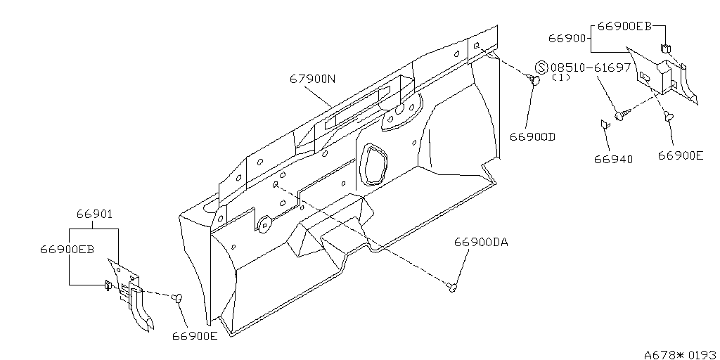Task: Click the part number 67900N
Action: (x=312, y=79)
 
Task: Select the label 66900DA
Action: (x=481, y=242)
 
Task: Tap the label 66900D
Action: (x=533, y=137)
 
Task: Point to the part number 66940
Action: (x=613, y=160)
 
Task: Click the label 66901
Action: (x=94, y=214)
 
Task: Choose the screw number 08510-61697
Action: (x=591, y=67)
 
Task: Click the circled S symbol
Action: (x=542, y=67)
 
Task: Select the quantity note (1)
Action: (x=560, y=77)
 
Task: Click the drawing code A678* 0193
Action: (x=680, y=354)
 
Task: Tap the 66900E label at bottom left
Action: (x=195, y=335)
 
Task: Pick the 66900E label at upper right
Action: (x=681, y=155)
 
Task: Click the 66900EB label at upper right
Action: (x=624, y=26)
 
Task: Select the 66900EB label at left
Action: (x=67, y=250)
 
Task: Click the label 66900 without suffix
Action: (x=567, y=38)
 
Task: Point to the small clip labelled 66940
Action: (x=605, y=124)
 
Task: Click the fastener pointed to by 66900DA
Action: (x=452, y=288)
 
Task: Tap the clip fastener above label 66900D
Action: (x=534, y=80)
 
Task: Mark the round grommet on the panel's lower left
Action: (x=264, y=223)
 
